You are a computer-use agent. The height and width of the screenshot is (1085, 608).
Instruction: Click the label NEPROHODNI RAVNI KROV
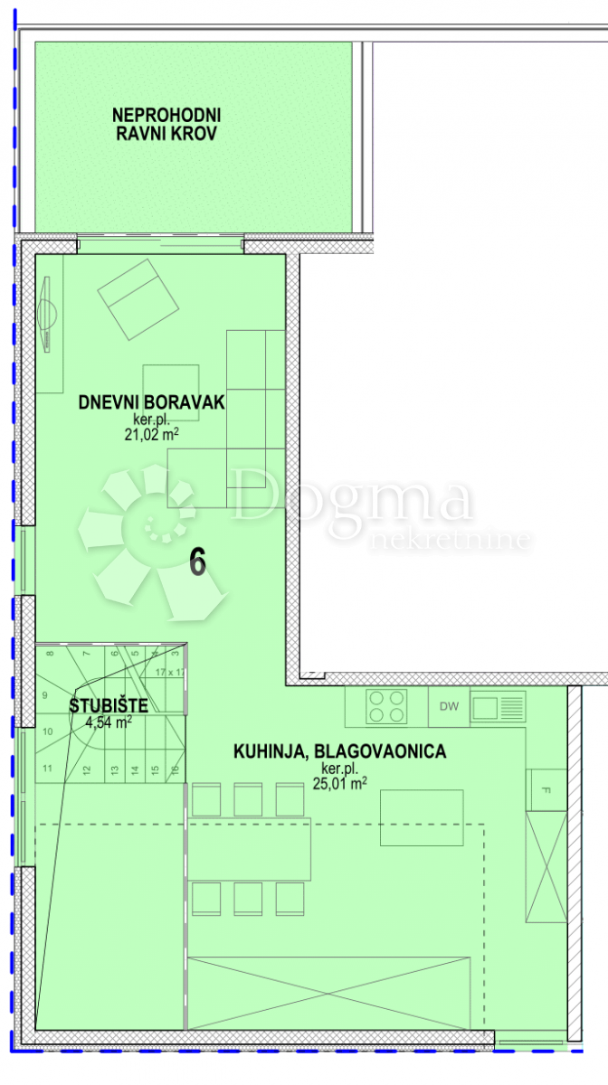click(166, 125)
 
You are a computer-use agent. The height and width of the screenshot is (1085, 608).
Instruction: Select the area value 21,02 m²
click(151, 434)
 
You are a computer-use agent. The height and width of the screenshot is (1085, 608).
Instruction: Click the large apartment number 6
click(198, 562)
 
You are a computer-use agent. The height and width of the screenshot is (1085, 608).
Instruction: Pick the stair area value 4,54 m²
click(109, 722)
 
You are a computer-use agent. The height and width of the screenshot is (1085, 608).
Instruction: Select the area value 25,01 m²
click(339, 784)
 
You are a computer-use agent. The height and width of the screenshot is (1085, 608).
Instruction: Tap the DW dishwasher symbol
click(448, 705)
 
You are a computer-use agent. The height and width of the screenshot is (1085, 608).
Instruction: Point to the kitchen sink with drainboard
click(498, 705)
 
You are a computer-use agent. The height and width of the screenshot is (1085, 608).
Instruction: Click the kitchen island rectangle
click(422, 818)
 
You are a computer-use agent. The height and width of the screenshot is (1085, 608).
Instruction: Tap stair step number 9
click(45, 695)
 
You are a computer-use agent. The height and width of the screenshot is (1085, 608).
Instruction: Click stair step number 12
click(87, 770)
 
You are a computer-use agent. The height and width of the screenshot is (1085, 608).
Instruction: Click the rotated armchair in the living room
click(138, 299)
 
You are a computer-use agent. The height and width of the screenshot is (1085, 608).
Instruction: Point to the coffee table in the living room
click(171, 392)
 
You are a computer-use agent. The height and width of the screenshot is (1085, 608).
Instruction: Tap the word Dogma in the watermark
click(351, 499)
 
